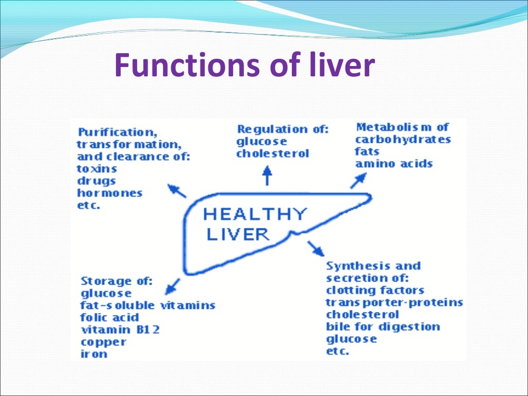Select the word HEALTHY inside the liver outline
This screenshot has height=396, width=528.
tap(255, 214)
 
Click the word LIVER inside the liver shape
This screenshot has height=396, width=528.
tap(238, 234)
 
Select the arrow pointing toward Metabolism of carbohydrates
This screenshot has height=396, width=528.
tap(359, 180)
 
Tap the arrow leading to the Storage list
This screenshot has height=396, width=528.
tap(174, 285)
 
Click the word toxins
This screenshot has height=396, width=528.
tap(97, 169)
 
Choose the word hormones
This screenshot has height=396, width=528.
tap(109, 193)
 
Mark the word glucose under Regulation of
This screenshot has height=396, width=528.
tap(261, 142)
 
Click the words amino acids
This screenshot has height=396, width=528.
tap(393, 164)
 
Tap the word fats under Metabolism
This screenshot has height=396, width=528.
tap(367, 152)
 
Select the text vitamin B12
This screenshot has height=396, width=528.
tap(120, 329)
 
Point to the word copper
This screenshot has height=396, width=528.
tap(103, 342)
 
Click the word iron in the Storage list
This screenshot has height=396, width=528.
tap(93, 354)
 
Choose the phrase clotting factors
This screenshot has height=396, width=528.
tap(375, 290)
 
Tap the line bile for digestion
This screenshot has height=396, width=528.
tap(383, 327)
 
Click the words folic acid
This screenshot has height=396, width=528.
tap(110, 317)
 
